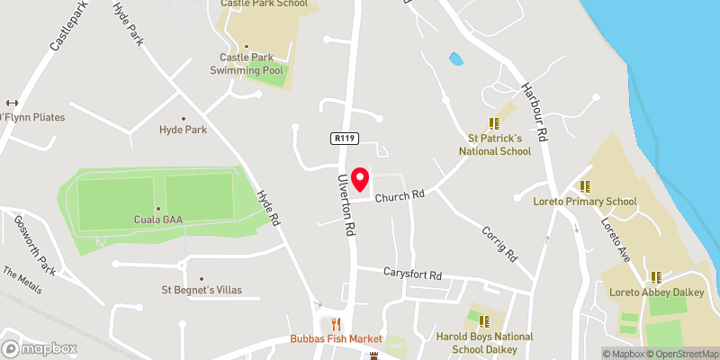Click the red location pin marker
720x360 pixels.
tap(361, 181)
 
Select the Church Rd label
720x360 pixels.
tap(400, 195)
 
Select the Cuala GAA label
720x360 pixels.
tap(157, 219)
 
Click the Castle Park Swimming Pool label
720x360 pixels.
tap(241, 64)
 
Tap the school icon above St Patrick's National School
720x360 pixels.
tap(493, 123)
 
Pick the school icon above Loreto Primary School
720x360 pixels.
tap(584, 186)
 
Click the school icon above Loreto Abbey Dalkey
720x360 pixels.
tap(656, 276)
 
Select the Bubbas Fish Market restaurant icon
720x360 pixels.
tap(337, 324)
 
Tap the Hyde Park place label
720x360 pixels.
tap(183, 130)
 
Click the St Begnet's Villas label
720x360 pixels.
tap(201, 290)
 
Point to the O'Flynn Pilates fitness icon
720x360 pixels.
tap(12, 103)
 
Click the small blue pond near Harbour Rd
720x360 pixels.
tap(456, 59)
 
